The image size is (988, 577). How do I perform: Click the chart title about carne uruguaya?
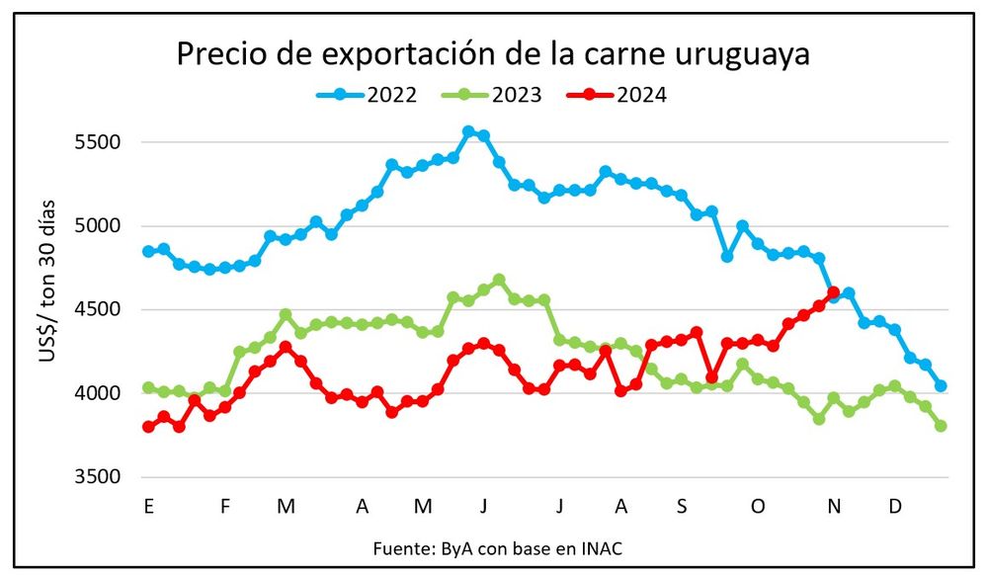click(493, 54)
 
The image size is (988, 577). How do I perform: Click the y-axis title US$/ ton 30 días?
click(48, 281)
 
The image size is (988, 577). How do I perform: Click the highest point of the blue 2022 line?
click(468, 131)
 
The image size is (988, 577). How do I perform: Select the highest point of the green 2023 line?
click(499, 280)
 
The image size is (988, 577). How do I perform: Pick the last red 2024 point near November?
click(834, 292)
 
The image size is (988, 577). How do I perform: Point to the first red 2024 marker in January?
click(148, 427)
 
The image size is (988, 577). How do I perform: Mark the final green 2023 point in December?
click(941, 426)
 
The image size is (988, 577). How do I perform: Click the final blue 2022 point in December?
click(941, 386)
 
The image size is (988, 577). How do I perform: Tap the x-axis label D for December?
click(895, 507)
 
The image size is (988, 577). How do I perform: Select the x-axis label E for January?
click(148, 507)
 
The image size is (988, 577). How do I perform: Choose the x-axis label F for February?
click(225, 507)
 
